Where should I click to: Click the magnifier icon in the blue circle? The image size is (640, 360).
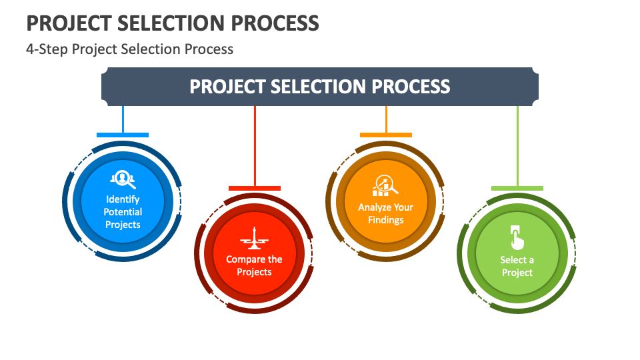tap(123, 178)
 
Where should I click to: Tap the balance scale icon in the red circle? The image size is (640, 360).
tap(254, 237)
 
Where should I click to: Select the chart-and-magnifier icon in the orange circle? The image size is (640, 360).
tap(385, 186)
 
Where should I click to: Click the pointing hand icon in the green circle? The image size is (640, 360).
tap(517, 237)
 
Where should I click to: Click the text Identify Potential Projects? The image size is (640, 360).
tap(123, 212)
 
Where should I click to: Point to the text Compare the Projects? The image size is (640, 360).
tap(254, 265)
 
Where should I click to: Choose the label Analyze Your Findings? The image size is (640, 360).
tap(385, 213)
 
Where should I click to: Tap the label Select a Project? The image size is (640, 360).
tap(517, 266)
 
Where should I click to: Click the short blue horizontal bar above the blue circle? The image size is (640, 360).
tap(123, 135)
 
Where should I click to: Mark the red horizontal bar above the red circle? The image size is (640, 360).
tap(254, 188)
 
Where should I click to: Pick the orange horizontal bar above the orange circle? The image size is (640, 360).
tap(385, 135)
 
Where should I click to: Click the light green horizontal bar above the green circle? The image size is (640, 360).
tap(517, 188)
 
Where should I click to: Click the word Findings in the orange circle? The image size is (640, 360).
tap(385, 220)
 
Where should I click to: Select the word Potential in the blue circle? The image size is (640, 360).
tap(123, 212)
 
